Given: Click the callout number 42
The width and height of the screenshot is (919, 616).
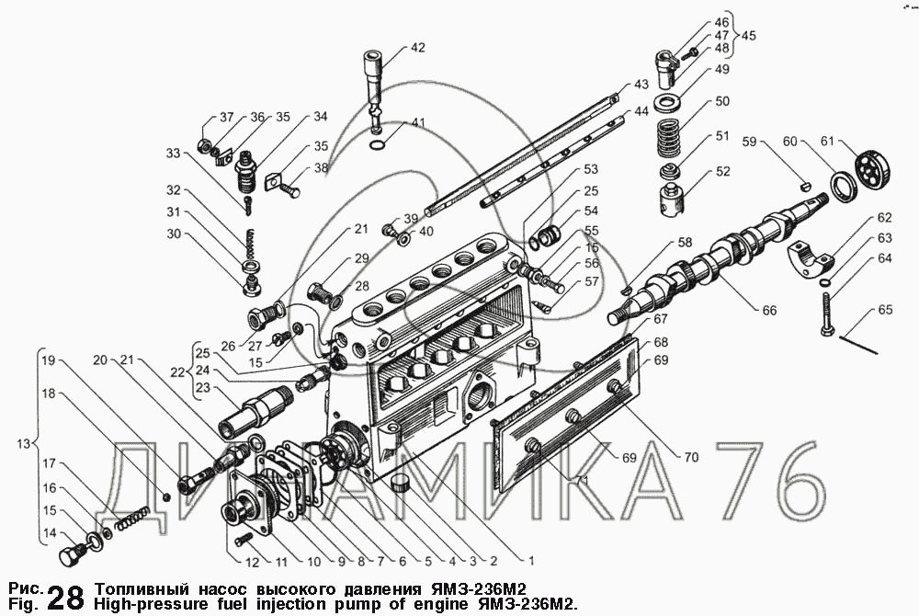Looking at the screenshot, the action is [417, 48].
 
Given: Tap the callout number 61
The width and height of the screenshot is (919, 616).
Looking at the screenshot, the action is [827, 142].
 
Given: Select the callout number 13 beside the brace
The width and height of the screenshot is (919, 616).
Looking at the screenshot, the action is [23, 444].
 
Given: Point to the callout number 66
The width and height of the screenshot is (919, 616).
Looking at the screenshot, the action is [769, 310].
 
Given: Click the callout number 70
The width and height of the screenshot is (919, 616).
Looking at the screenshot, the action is [692, 457].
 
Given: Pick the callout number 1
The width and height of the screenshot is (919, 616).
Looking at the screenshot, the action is [531, 561].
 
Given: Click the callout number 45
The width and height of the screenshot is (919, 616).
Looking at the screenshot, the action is [748, 36].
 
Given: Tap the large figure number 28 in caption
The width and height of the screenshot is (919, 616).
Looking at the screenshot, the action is [64, 598].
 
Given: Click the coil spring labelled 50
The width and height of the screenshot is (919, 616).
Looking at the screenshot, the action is [668, 138].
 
